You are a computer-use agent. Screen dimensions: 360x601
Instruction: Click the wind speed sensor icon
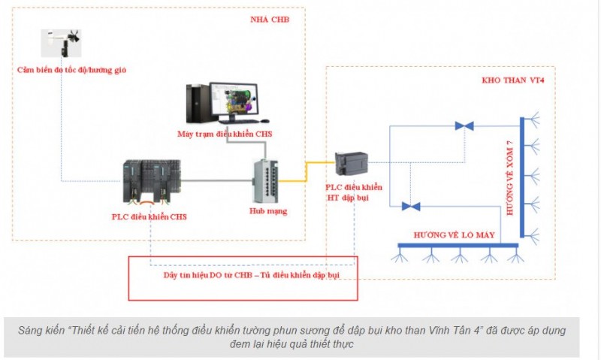tap(62, 42)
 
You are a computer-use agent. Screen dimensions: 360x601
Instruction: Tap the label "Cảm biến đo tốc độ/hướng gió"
tap(71, 70)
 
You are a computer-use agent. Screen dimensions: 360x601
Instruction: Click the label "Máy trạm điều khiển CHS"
tap(219, 134)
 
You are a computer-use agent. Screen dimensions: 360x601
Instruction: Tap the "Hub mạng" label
tap(267, 211)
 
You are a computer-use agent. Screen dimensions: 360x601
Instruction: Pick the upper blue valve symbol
tap(464, 126)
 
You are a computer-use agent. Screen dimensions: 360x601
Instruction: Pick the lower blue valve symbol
tap(410, 206)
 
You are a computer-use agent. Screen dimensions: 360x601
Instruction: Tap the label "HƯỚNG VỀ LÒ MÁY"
tap(454, 235)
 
